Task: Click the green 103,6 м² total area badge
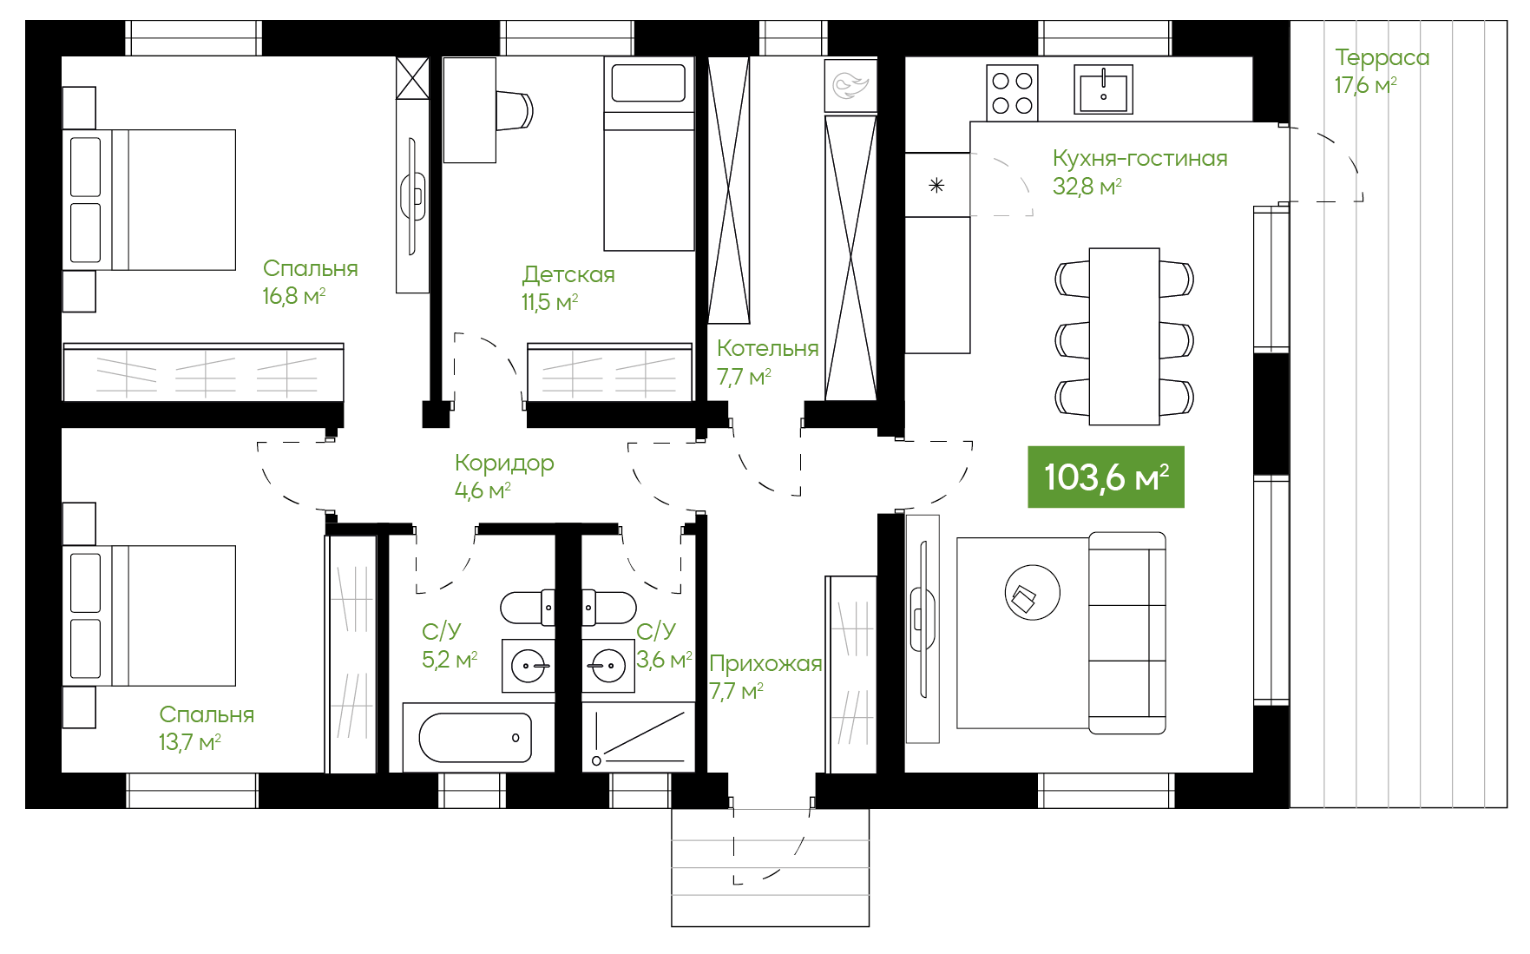pos(1106,477)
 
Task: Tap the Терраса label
pos(1382,58)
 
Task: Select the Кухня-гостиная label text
pos(1139,158)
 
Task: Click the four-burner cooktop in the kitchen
pos(1012,93)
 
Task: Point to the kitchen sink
pos(1103,89)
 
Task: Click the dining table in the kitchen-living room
pos(1124,337)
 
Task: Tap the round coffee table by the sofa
pos(1032,592)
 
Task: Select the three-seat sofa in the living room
pos(1126,633)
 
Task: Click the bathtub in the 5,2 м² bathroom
pos(476,738)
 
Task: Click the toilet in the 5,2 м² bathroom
pos(527,608)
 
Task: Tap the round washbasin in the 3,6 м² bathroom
pos(607,667)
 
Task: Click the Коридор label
pos(504,464)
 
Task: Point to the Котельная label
pos(767,348)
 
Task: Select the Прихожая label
pos(765,663)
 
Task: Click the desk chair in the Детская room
pos(515,110)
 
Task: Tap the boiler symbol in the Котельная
pos(850,85)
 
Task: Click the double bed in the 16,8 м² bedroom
pos(149,200)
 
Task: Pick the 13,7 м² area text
pos(189,742)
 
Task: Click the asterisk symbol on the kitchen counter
pos(936,185)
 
